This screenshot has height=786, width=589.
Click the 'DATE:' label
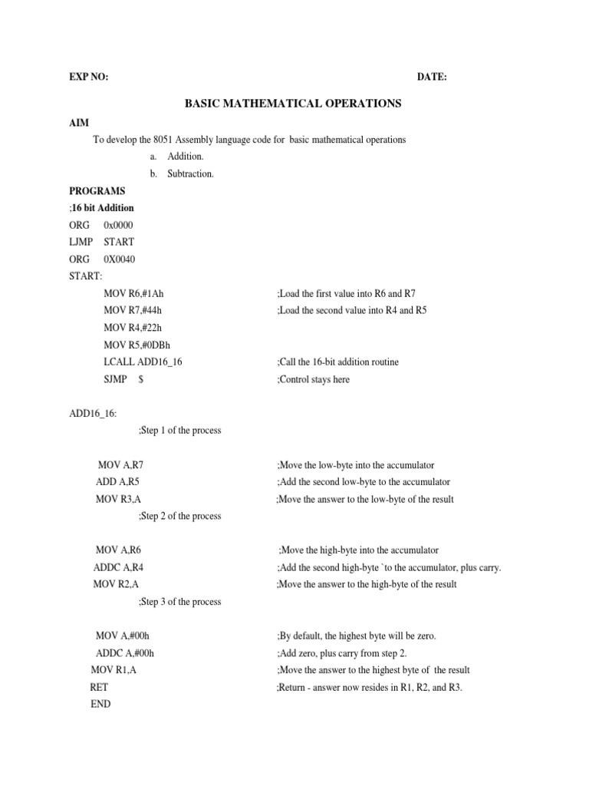432,78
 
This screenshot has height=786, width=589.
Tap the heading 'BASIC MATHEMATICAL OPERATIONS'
294,102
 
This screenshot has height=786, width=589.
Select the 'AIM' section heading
79,123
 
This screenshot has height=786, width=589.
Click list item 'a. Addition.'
176,157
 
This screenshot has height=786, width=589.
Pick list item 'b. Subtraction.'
182,173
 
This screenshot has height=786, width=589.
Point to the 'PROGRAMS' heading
97,190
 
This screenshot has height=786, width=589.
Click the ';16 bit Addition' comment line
102,208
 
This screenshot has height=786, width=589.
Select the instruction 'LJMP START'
101,242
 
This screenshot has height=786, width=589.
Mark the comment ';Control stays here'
313,379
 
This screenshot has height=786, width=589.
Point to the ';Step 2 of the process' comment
179,516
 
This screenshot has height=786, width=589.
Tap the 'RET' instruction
99,687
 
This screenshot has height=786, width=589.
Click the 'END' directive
100,704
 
